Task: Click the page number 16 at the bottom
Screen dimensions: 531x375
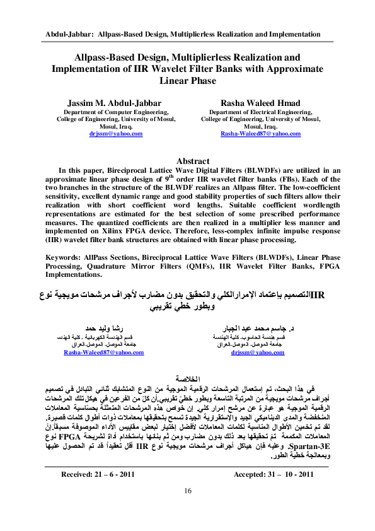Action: [x=187, y=509]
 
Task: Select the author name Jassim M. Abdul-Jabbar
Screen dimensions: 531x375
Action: [x=115, y=103]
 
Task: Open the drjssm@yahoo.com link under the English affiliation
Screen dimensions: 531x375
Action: [x=115, y=134]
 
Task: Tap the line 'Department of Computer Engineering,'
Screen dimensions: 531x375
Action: [x=115, y=111]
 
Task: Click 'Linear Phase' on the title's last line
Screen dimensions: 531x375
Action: [x=187, y=81]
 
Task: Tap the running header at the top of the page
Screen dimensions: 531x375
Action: [x=187, y=33]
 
